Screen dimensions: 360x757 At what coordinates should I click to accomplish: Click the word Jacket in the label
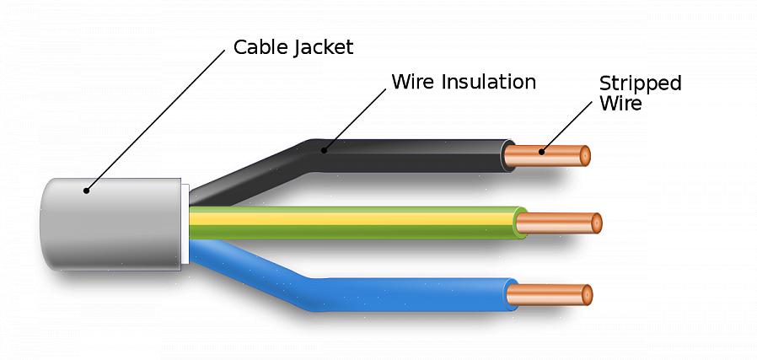pos(324,48)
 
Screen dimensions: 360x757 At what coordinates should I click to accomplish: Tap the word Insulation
pos(485,83)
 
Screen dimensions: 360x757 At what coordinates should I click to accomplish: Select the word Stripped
pos(640,84)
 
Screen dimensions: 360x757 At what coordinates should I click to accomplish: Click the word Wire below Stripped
pos(620,105)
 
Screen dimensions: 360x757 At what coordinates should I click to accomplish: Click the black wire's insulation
pos(405,156)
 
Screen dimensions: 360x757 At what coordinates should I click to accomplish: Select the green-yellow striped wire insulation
pos(354,223)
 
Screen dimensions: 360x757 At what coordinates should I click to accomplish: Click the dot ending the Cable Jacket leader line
pos(86,191)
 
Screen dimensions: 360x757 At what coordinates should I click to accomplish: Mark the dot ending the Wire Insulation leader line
pos(323,151)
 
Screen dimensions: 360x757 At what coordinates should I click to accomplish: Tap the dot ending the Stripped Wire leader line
pos(542,153)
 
